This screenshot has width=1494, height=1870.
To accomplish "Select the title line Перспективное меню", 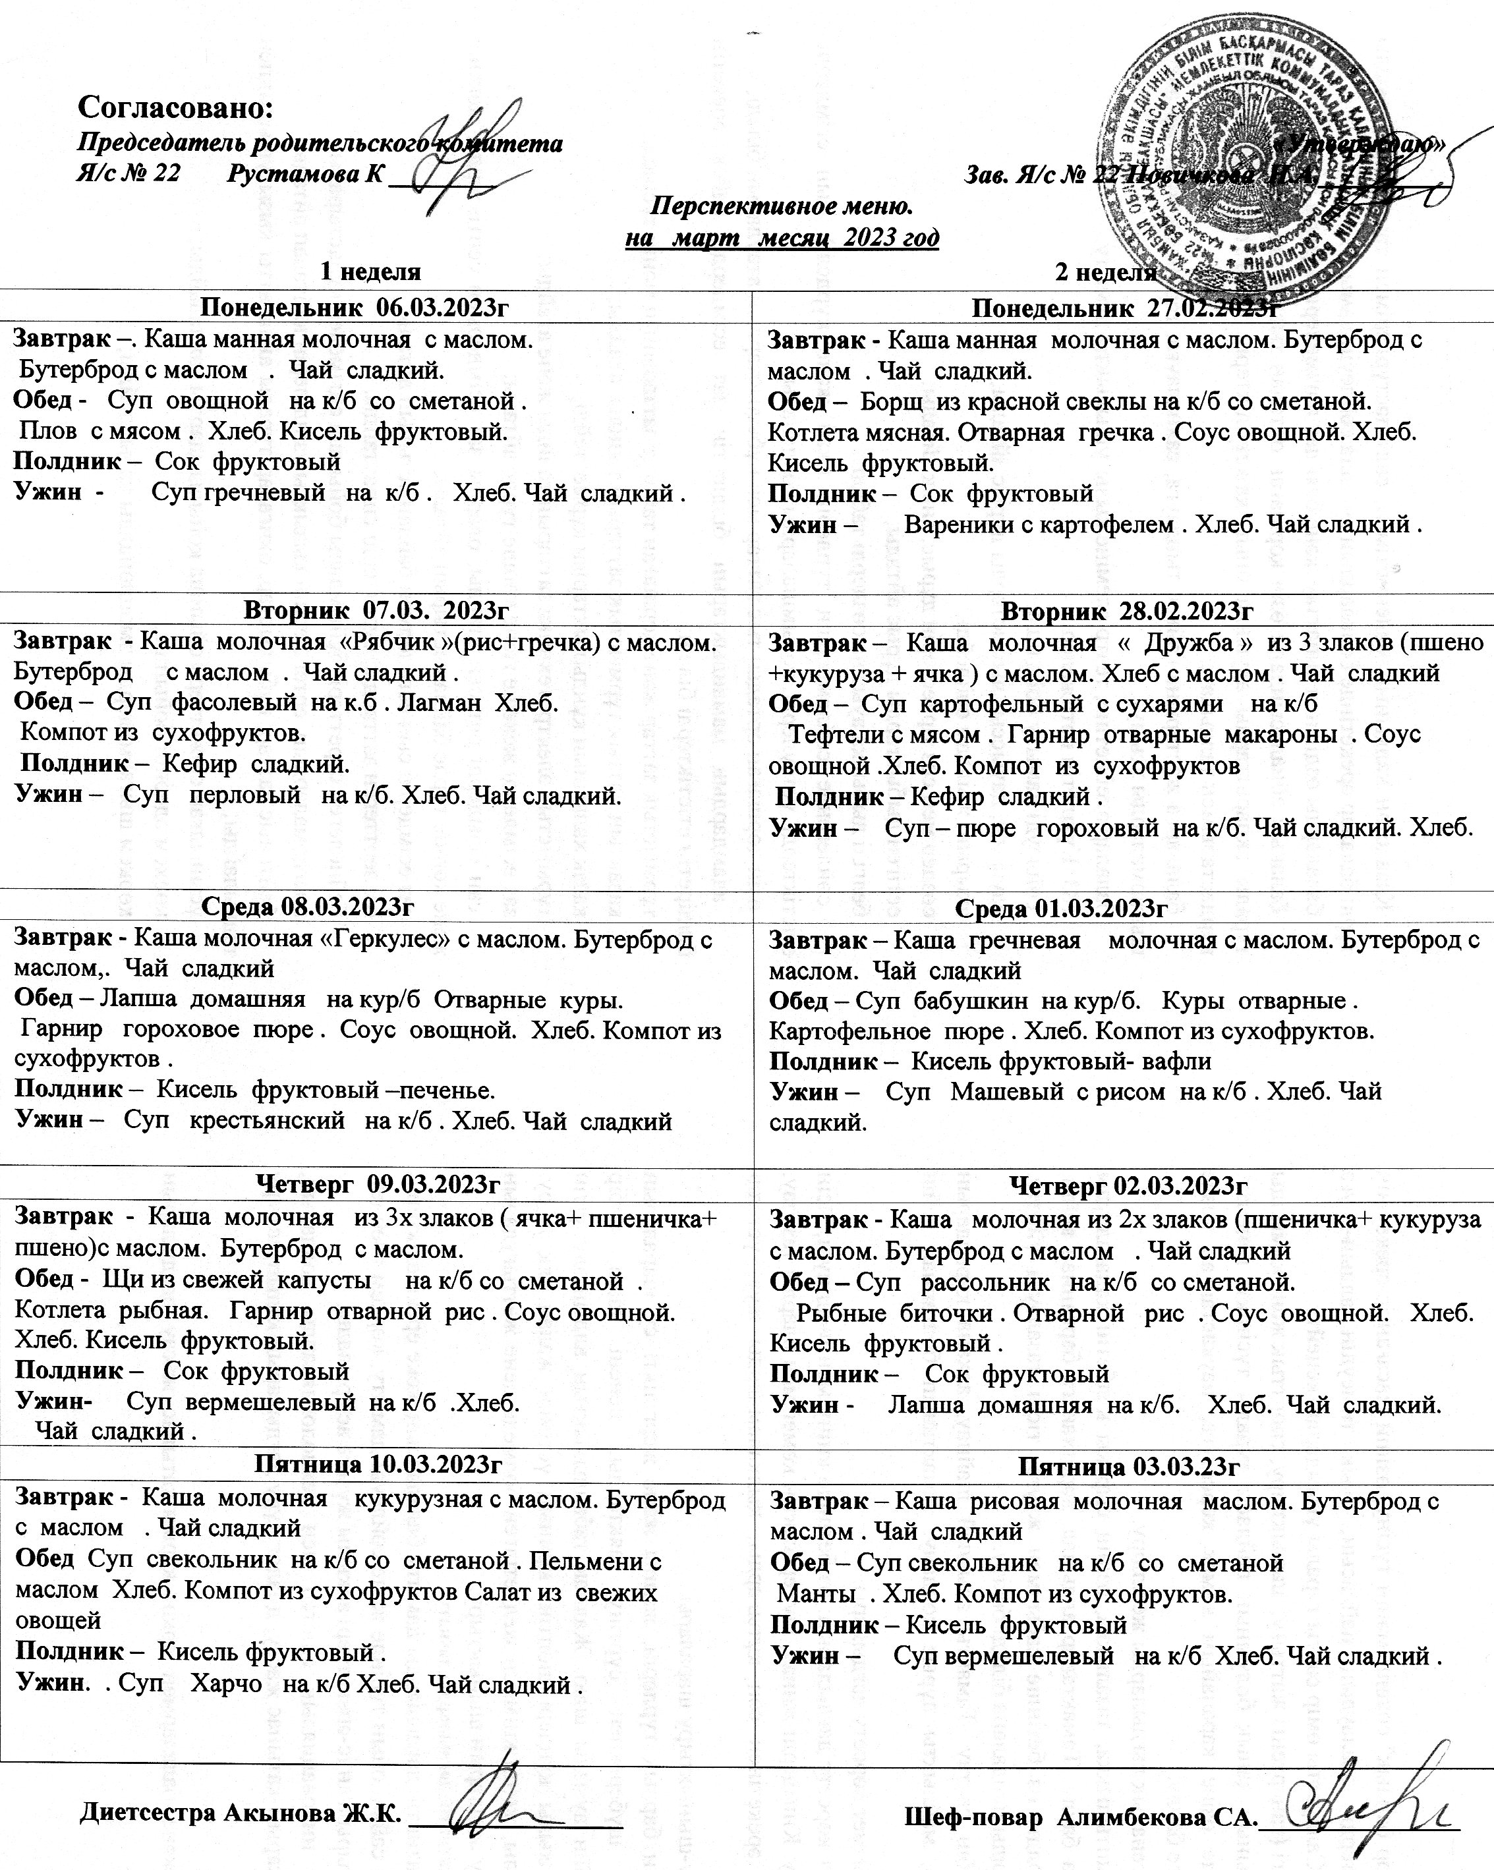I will point(781,206).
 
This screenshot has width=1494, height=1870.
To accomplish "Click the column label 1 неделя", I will point(370,271).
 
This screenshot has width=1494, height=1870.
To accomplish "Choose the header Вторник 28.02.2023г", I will point(1127,611).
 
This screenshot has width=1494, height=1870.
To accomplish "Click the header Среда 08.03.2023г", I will point(306,907).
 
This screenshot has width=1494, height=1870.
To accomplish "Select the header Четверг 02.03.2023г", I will point(1128,1185).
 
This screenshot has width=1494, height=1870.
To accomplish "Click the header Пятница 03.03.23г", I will point(1128,1467).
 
